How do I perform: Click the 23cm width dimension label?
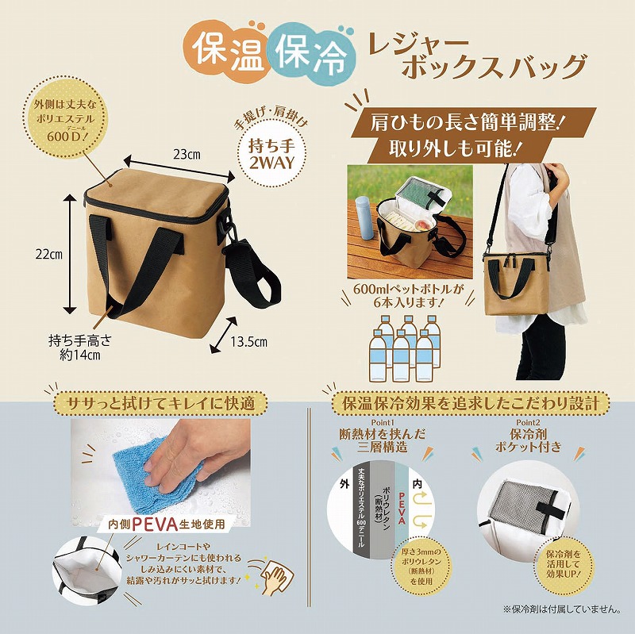pyautogui.click(x=187, y=155)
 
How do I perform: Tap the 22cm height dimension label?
pyautogui.click(x=49, y=255)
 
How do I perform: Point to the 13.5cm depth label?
pyautogui.click(x=249, y=342)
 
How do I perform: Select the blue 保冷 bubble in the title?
pyautogui.click(x=311, y=52)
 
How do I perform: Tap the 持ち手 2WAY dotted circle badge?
pyautogui.click(x=271, y=154)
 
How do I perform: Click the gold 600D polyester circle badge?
pyautogui.click(x=65, y=121)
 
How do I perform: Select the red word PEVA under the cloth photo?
pyautogui.click(x=155, y=524)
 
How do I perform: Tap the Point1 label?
pyautogui.click(x=383, y=423)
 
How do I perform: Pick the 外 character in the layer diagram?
pyautogui.click(x=344, y=484)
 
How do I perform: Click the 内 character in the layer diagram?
pyautogui.click(x=418, y=483)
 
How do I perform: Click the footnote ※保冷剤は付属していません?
pyautogui.click(x=562, y=609)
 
